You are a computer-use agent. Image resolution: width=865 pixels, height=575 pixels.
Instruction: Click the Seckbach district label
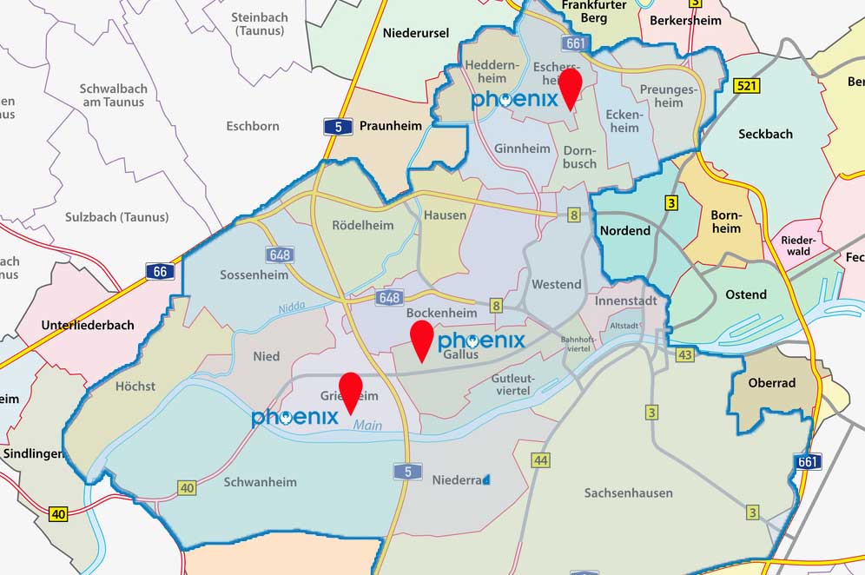[765, 134]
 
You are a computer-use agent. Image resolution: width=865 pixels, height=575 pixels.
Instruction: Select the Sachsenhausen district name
[628, 492]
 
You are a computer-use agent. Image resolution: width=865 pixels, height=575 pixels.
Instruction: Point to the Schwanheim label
[260, 482]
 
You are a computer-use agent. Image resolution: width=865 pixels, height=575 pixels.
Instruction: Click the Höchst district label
[135, 386]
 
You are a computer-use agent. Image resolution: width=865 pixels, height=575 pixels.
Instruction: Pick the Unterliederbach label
[88, 325]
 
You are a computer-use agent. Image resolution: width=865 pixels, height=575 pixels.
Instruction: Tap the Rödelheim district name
[362, 225]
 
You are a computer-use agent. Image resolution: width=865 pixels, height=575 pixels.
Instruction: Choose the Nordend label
[624, 231]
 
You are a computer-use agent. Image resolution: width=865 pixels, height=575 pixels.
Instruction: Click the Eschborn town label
[253, 126]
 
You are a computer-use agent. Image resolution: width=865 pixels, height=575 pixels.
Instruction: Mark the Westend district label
[556, 284]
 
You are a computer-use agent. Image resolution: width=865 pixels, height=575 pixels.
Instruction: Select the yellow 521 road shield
[747, 85]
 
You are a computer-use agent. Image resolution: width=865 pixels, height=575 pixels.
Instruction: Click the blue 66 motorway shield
[161, 272]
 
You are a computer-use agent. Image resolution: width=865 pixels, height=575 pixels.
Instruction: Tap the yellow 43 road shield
[685, 354]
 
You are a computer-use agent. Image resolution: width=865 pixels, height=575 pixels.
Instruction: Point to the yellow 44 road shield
[541, 459]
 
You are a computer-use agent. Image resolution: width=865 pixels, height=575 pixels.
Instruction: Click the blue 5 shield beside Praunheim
[338, 127]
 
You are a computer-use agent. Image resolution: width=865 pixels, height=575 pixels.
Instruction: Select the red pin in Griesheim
[351, 391]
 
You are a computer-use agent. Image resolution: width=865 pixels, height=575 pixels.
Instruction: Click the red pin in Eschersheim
[570, 87]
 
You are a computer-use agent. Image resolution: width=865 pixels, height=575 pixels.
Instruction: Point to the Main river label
[366, 425]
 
